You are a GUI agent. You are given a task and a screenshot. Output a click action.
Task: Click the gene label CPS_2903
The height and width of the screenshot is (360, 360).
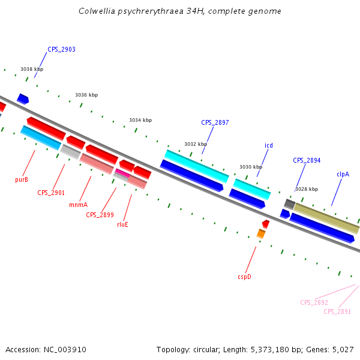click(61, 49)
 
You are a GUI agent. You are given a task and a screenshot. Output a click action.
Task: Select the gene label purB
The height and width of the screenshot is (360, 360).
click(22, 179)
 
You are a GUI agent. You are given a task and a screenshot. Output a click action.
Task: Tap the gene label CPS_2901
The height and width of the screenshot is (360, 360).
click(51, 193)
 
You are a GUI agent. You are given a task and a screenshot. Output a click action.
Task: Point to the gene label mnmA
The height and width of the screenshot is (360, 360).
click(78, 205)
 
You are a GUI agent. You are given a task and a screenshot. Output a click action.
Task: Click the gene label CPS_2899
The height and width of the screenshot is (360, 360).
click(100, 215)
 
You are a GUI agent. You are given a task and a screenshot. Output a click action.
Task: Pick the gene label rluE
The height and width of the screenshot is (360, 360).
click(122, 224)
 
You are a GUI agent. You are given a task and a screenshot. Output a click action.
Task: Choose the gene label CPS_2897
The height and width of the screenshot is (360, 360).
click(215, 122)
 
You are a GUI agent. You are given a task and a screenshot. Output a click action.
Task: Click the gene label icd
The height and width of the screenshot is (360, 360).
click(269, 145)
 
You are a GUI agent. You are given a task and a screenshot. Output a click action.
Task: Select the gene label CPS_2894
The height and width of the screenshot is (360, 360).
click(307, 160)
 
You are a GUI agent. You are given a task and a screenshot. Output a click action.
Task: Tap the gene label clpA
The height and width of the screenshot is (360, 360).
click(343, 174)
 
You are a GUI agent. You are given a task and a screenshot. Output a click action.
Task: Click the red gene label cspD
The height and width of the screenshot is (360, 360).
click(244, 277)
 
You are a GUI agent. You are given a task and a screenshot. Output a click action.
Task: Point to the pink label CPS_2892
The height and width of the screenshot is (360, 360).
click(314, 302)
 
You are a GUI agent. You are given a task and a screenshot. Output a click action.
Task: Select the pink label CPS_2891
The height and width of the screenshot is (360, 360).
click(337, 311)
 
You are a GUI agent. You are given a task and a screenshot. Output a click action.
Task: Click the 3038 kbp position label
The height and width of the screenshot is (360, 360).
click(32, 69)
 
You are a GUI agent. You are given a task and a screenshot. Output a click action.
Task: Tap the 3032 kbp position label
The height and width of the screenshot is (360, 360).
click(195, 144)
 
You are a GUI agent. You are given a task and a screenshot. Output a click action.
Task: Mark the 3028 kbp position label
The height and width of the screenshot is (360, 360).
click(306, 189)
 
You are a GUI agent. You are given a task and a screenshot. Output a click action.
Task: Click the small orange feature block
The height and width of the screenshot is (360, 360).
click(261, 233)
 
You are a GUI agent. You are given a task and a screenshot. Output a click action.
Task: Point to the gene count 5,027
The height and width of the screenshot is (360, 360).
click(342, 349)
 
